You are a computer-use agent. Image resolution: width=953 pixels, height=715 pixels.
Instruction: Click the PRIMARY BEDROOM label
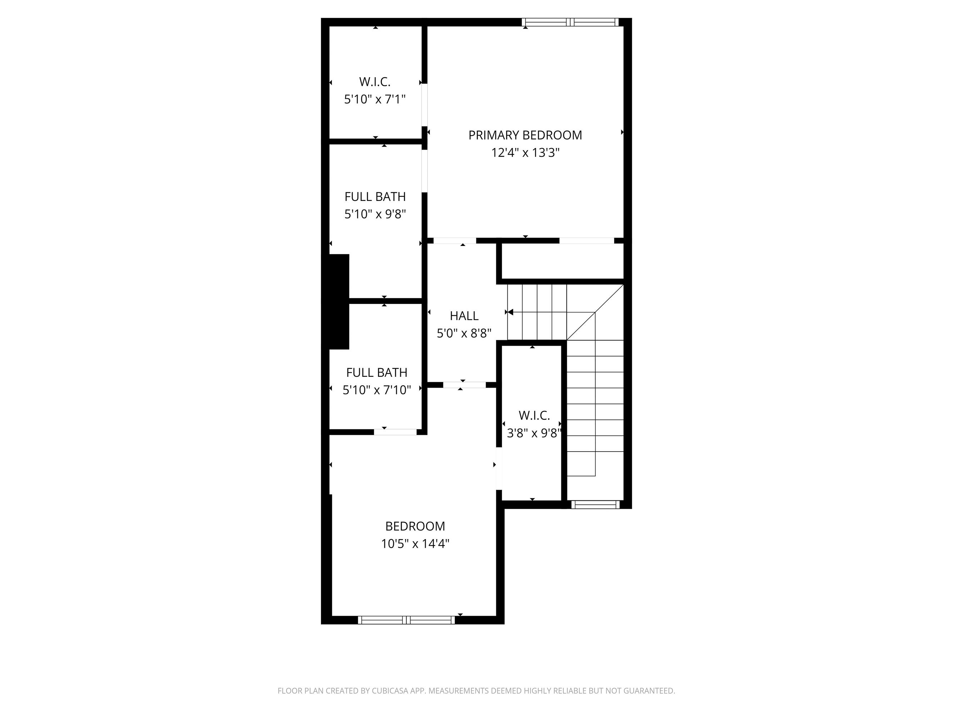coord(525,135)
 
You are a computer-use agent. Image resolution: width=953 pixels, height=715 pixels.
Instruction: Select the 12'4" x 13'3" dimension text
coord(525,153)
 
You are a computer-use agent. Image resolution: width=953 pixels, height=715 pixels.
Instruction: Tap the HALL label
coord(464,316)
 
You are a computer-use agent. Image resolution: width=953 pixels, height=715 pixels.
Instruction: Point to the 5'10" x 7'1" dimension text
coord(375,99)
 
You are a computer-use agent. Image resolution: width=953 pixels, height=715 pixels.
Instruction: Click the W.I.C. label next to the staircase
coord(534,415)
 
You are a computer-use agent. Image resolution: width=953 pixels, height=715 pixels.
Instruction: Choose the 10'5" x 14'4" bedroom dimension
coord(415,544)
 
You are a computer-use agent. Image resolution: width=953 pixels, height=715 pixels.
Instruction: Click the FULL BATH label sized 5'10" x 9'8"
coord(375,197)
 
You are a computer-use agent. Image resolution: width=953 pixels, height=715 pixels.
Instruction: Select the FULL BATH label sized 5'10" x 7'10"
coord(377,373)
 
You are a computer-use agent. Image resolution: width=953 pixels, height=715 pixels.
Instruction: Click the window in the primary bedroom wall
coord(570,22)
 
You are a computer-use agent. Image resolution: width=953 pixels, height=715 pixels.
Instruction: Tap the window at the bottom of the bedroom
coord(406,620)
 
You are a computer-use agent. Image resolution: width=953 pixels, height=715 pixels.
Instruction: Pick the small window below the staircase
coord(595,504)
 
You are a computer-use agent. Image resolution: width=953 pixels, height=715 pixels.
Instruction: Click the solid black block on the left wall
coord(338,301)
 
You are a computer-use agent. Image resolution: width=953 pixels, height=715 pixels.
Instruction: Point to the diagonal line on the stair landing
coord(595,312)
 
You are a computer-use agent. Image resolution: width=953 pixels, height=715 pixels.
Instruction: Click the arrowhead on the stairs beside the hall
coord(510,312)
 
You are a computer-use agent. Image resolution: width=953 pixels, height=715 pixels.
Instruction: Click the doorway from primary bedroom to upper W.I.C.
coord(425,104)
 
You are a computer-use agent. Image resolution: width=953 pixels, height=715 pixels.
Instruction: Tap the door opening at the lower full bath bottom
coord(395,432)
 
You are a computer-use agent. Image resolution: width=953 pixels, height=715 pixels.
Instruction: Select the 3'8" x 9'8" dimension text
coord(534,433)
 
